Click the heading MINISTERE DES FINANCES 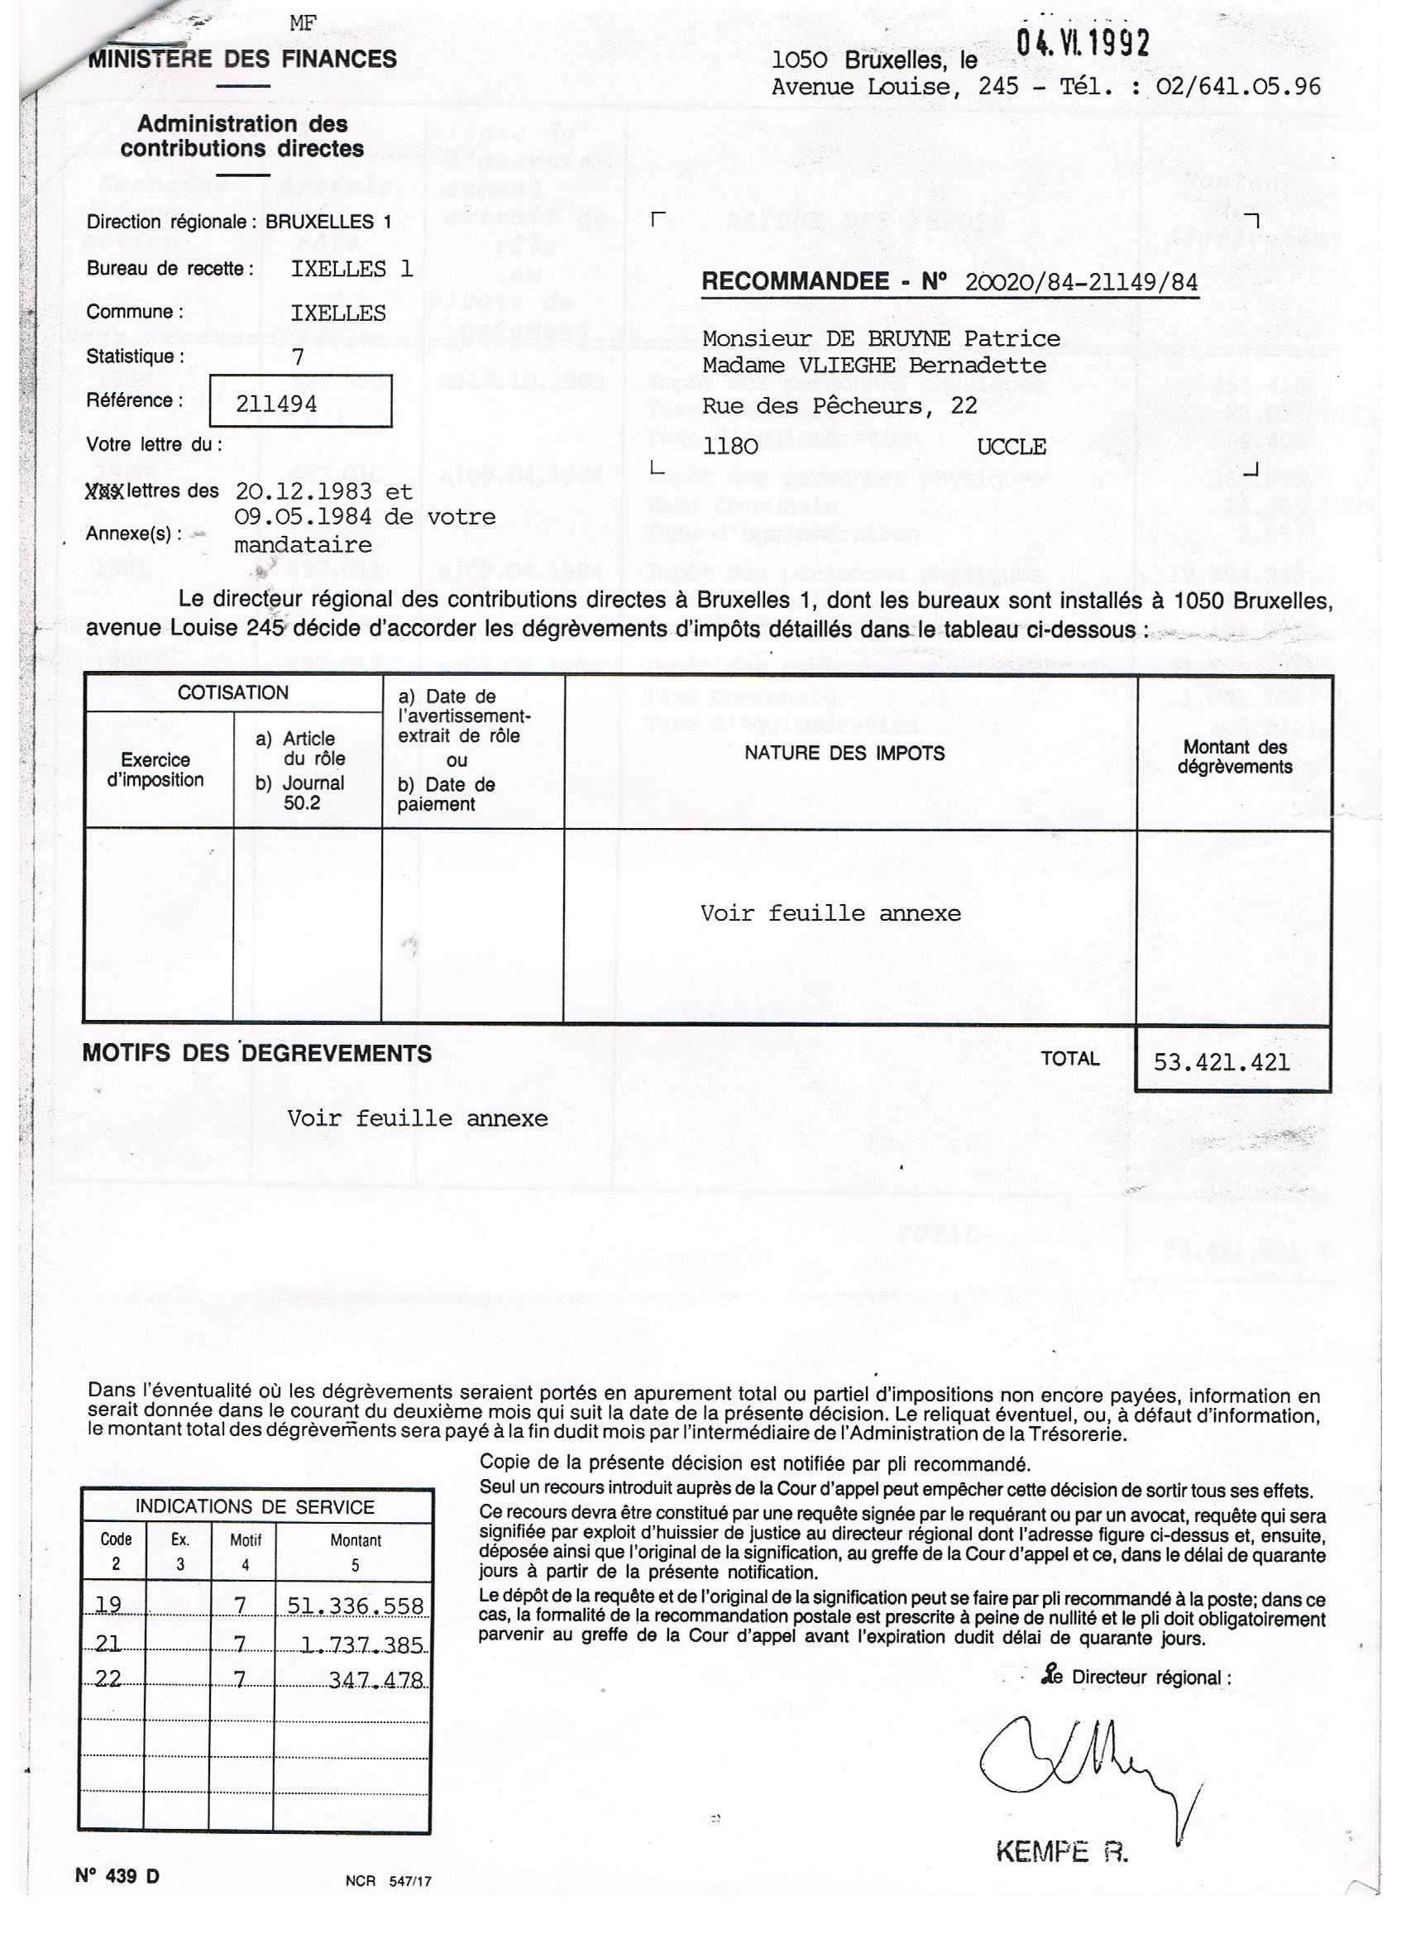(x=242, y=59)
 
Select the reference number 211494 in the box (x=276, y=404)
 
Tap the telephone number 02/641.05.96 (x=1237, y=86)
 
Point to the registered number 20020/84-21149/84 (x=1081, y=282)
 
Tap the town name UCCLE (x=1011, y=447)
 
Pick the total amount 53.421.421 (x=1221, y=1061)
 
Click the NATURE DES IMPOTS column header (x=844, y=753)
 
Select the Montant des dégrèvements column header (x=1234, y=756)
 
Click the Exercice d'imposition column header (x=155, y=769)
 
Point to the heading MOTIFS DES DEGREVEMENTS (x=256, y=1053)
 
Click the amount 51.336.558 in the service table (x=355, y=1606)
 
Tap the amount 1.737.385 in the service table (x=361, y=1644)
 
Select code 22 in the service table (x=108, y=1678)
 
